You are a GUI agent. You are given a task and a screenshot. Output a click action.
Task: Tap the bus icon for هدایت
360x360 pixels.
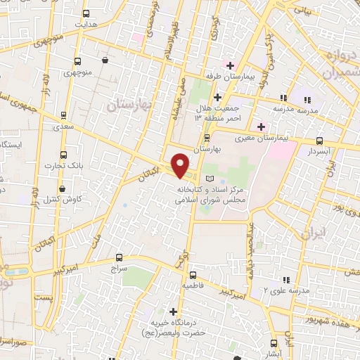(86, 13)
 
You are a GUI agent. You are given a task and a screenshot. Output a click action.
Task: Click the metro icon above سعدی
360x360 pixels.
(63, 115)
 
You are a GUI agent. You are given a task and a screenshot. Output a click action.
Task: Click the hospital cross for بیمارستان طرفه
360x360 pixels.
(229, 65)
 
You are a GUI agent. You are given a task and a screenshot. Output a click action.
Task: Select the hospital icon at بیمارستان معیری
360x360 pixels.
(261, 127)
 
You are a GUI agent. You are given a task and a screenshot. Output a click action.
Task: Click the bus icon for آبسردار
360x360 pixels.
(321, 141)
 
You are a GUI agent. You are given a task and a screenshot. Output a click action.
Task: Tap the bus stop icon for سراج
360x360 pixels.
(118, 257)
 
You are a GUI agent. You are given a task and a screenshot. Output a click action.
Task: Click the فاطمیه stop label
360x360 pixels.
(195, 287)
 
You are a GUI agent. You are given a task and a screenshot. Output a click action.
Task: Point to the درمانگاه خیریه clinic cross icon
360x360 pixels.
(174, 311)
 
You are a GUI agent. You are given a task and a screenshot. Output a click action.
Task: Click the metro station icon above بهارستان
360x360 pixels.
(207, 138)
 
